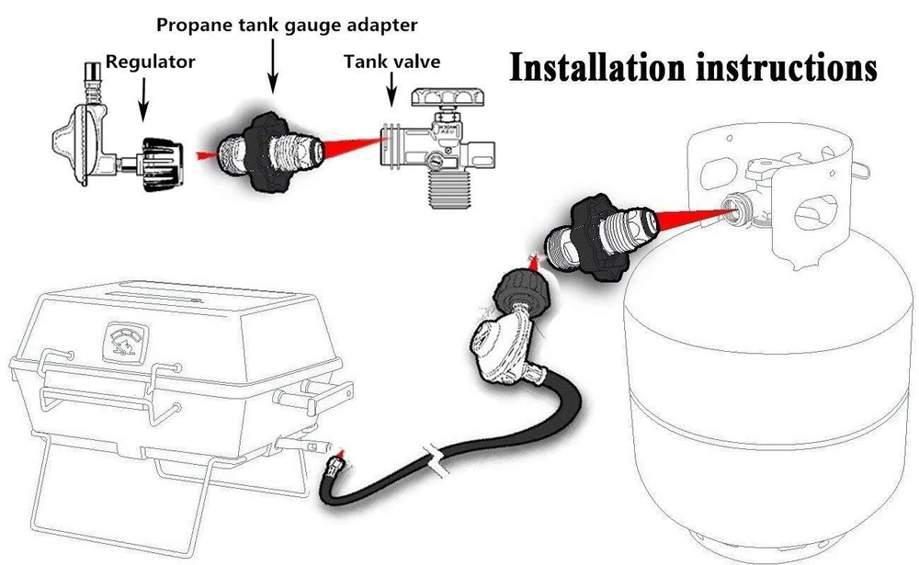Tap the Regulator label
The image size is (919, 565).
point(151,62)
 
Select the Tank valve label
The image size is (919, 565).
point(391,62)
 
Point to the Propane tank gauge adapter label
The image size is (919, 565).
point(287,23)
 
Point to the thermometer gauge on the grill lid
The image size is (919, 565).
point(125,338)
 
